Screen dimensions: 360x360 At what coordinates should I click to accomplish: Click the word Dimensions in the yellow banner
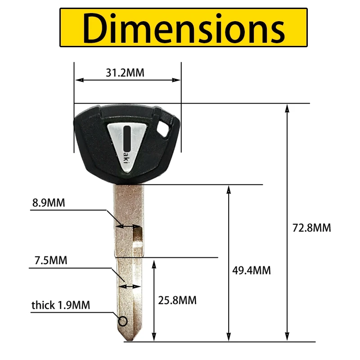click(x=184, y=28)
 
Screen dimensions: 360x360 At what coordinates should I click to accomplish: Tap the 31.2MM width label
click(x=125, y=73)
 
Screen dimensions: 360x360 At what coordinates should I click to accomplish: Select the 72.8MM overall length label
click(x=312, y=228)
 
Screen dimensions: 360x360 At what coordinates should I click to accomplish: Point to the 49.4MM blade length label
click(x=252, y=270)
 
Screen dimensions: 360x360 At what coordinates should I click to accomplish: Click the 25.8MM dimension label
click(x=177, y=300)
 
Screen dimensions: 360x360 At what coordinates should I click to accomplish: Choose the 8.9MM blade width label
click(x=49, y=203)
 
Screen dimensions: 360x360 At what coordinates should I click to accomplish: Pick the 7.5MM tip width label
click(x=51, y=261)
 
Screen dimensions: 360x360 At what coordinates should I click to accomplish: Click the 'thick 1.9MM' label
click(x=61, y=305)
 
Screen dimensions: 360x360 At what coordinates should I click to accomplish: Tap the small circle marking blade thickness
click(x=123, y=321)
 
